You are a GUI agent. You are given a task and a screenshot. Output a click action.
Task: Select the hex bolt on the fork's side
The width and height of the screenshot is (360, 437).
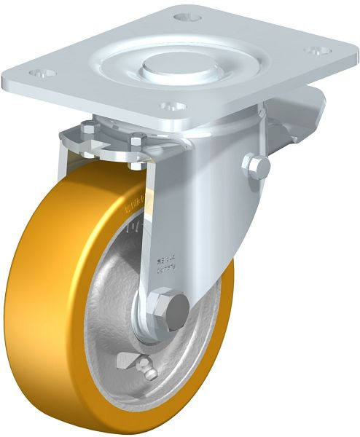click(x=257, y=167)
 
